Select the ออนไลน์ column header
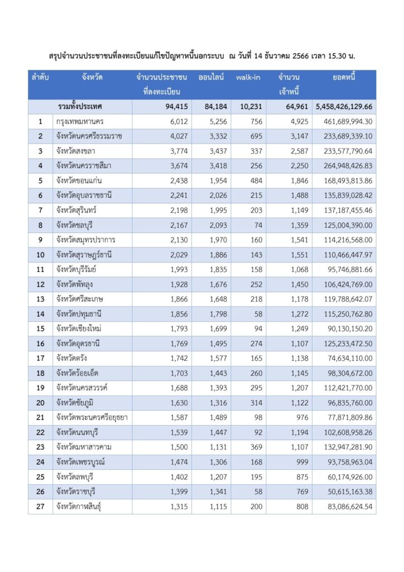pyautogui.click(x=211, y=78)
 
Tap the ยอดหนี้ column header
pyautogui.click(x=344, y=78)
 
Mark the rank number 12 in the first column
pyautogui.click(x=41, y=284)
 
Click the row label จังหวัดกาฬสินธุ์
pyautogui.click(x=81, y=507)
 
